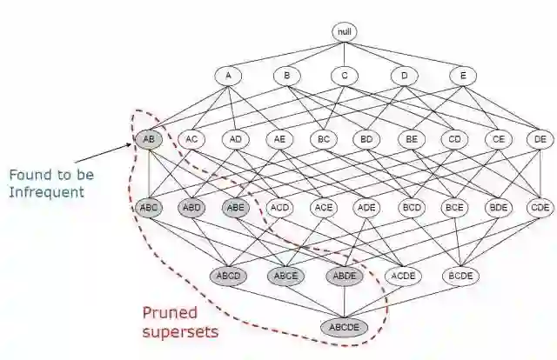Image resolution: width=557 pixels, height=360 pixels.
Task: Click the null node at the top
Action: pos(345,32)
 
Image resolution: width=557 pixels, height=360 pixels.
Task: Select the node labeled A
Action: pos(228,76)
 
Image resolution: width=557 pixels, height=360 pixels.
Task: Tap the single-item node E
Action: pos(463,76)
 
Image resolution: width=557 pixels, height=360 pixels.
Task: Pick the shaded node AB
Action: pos(149,137)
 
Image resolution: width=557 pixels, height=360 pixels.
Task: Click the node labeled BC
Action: pos(323,137)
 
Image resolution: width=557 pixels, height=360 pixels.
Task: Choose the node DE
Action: pos(540,137)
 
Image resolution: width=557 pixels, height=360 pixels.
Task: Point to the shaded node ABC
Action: pos(149,207)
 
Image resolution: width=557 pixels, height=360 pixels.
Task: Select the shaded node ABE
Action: pos(236,207)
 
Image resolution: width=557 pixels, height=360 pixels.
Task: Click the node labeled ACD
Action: pos(279,207)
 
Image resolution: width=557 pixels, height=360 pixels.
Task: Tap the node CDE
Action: pos(540,207)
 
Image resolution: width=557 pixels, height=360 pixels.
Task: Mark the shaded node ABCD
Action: pos(228,276)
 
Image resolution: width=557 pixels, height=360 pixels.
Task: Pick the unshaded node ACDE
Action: pos(402,276)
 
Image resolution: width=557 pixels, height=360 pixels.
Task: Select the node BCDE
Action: pos(461,276)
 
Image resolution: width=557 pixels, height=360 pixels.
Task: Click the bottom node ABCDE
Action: pos(345,327)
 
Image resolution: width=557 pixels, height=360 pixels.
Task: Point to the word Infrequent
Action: pos(46,190)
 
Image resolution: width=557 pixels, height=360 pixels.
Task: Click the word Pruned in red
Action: pos(170,312)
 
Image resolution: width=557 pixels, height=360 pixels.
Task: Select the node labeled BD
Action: pos(366,137)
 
